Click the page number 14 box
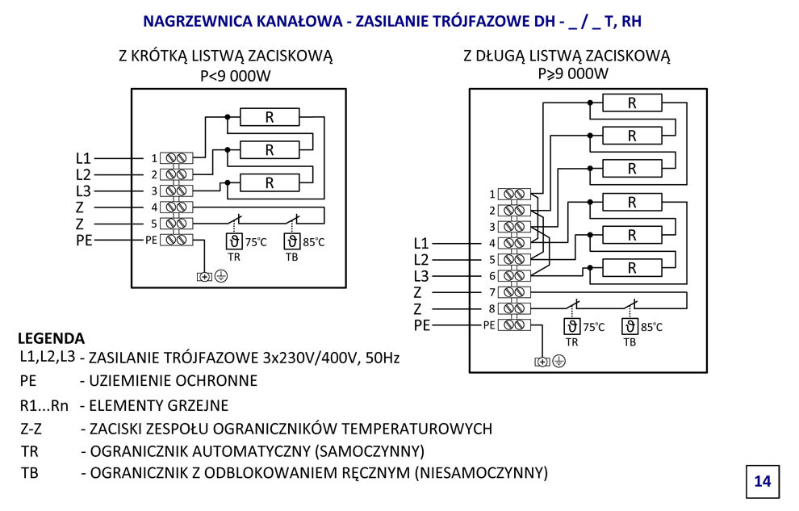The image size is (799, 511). pyautogui.click(x=762, y=481)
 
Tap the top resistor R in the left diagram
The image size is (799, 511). pyautogui.click(x=270, y=117)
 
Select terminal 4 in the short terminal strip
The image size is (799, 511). pyautogui.click(x=176, y=207)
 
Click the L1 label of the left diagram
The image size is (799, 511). pyautogui.click(x=83, y=158)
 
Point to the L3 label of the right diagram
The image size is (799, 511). pyautogui.click(x=421, y=276)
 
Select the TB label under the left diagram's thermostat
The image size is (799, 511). pyautogui.click(x=291, y=258)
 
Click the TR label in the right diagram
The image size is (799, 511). pyautogui.click(x=571, y=342)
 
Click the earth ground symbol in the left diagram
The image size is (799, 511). pyautogui.click(x=220, y=276)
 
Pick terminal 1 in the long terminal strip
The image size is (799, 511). pyautogui.click(x=514, y=194)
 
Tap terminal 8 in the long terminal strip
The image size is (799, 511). pyautogui.click(x=514, y=308)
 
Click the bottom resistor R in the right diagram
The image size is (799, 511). pyautogui.click(x=632, y=267)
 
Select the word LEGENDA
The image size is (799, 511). pyautogui.click(x=51, y=338)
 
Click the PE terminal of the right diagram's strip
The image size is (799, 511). pyautogui.click(x=514, y=325)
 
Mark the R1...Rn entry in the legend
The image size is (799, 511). pyautogui.click(x=45, y=405)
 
